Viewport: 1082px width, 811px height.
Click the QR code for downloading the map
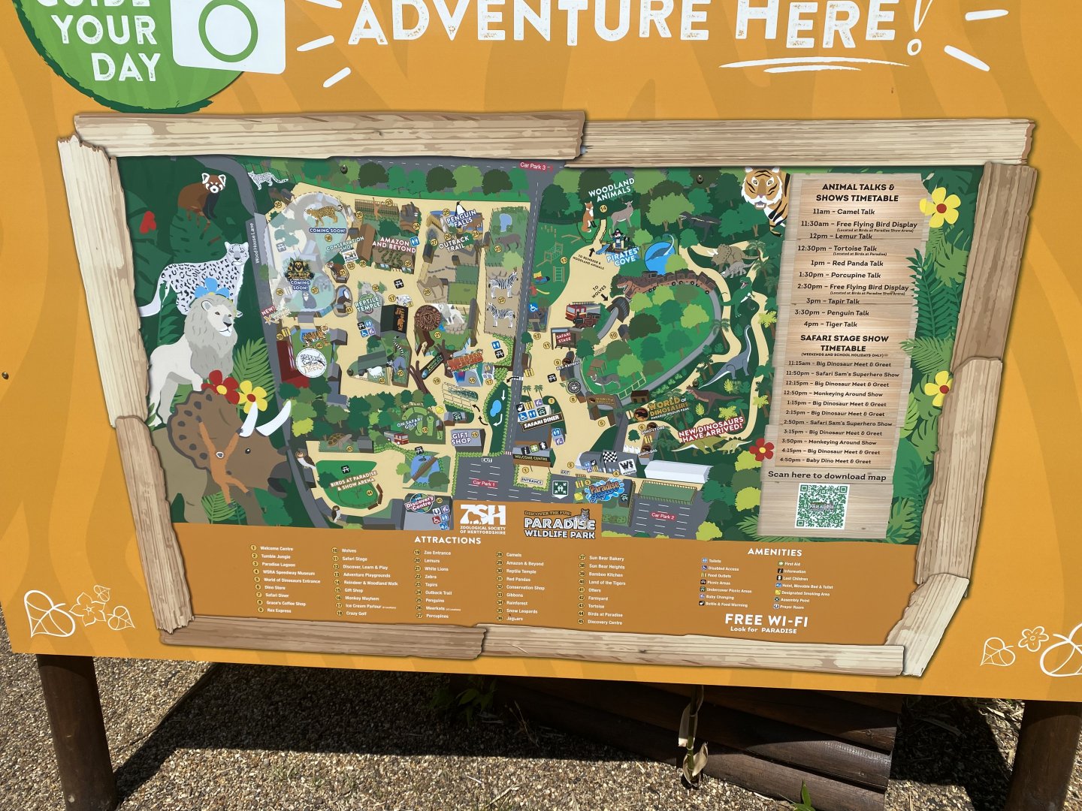(822, 505)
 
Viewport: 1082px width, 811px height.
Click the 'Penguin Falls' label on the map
(461, 219)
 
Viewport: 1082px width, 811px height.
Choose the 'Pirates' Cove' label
(624, 255)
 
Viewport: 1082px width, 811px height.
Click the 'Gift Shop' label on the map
(461, 437)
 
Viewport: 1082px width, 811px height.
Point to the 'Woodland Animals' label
(612, 188)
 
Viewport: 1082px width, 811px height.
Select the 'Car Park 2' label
(663, 516)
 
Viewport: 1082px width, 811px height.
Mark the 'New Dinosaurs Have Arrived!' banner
(711, 427)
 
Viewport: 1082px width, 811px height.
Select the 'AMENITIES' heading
(774, 552)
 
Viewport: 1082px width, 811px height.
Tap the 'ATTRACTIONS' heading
(447, 540)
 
